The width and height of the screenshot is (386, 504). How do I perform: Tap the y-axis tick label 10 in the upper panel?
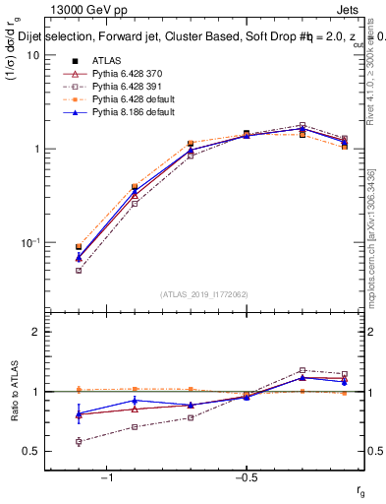(x=32, y=55)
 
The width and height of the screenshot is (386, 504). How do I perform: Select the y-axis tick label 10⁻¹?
(x=29, y=242)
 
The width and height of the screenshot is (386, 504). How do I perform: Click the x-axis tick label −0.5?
(x=245, y=477)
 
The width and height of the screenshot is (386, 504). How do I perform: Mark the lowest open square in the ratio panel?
(x=79, y=442)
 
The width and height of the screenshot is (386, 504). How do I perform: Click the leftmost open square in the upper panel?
(x=79, y=270)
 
